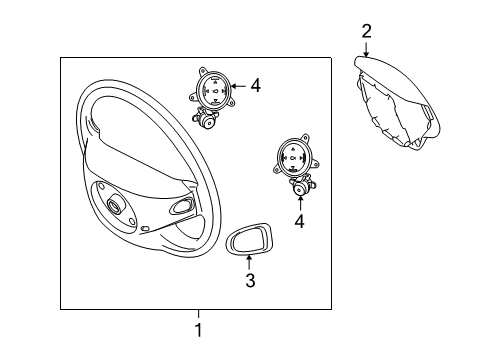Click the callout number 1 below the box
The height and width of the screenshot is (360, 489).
(x=198, y=330)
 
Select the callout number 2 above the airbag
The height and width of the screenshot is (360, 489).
(x=366, y=31)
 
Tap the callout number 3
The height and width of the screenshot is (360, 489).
(x=250, y=280)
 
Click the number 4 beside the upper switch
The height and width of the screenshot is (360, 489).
(x=255, y=86)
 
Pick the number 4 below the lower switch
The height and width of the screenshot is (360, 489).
(x=299, y=221)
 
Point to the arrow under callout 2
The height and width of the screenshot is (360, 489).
(x=366, y=50)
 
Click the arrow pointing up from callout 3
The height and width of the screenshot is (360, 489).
(x=249, y=262)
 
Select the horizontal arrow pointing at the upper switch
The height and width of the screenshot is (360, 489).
(x=239, y=86)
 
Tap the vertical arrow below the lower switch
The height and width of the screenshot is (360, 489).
(x=300, y=203)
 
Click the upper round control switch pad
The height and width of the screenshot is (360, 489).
(x=213, y=89)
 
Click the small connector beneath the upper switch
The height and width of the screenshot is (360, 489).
(x=206, y=118)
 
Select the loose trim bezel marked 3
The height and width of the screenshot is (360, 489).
(x=249, y=239)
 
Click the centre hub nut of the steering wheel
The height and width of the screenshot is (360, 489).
(x=114, y=205)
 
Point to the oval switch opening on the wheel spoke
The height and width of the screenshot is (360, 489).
(x=182, y=205)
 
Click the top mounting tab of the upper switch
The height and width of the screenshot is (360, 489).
(x=203, y=71)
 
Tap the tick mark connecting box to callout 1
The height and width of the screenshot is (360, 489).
(x=198, y=314)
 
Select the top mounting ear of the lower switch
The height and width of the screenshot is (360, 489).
(x=305, y=137)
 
